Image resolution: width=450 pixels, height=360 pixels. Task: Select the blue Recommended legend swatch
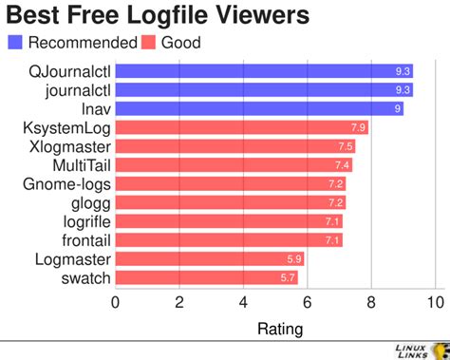(16, 42)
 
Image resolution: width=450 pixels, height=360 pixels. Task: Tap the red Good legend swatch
(148, 42)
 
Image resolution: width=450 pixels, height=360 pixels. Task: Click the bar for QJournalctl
(264, 71)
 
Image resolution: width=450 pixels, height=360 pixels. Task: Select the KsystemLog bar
(241, 127)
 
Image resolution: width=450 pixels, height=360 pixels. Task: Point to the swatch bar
(206, 277)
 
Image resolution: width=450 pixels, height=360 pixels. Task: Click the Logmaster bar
(209, 258)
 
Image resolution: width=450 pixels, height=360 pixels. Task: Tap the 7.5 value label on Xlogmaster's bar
(345, 146)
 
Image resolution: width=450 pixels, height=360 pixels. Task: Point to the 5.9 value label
(294, 258)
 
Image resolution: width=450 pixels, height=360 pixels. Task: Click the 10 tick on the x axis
(436, 303)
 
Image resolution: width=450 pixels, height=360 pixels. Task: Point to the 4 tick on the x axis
(243, 303)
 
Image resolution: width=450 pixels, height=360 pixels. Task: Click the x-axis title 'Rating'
(280, 330)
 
